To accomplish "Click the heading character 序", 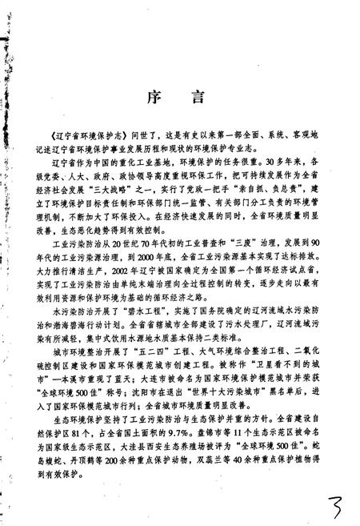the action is click(x=154, y=98).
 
